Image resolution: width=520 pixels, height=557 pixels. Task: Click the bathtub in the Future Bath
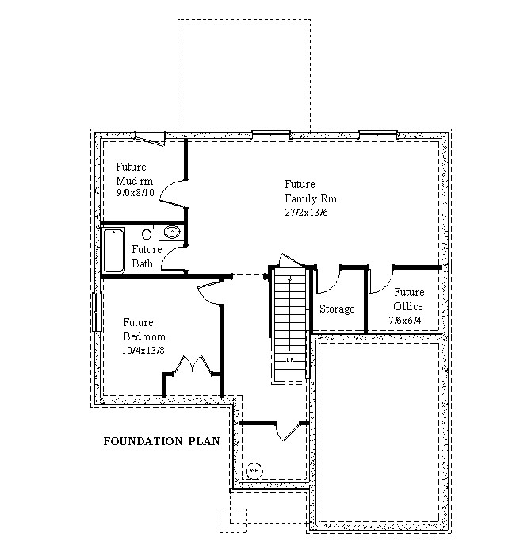pos(113,250)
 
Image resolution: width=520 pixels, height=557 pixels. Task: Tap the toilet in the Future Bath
pos(146,231)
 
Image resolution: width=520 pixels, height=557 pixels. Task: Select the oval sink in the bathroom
pos(172,232)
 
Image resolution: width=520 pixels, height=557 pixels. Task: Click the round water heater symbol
pos(254,471)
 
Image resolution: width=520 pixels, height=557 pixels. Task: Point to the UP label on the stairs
pos(290,360)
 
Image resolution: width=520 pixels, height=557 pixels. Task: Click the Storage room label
pos(337,309)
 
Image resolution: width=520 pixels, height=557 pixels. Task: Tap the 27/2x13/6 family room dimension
pos(306,213)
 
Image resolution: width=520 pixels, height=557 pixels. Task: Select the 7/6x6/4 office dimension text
pos(405,321)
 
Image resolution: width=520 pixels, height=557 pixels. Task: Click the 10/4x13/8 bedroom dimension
pos(143,351)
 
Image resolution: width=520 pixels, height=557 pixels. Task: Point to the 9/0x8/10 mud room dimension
pos(136,193)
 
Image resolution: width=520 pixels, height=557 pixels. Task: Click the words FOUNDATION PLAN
pos(162,441)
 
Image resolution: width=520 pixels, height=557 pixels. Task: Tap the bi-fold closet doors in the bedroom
pos(193,364)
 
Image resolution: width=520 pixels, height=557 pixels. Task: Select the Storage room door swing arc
pos(331,283)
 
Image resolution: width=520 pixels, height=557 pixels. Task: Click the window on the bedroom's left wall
pos(97,312)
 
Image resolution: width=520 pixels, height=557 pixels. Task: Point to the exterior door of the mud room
pos(151,139)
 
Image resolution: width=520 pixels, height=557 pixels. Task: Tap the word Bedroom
pos(144,336)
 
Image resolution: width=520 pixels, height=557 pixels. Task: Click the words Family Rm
pos(311,198)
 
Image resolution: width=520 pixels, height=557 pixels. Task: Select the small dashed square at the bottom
pos(233,521)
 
